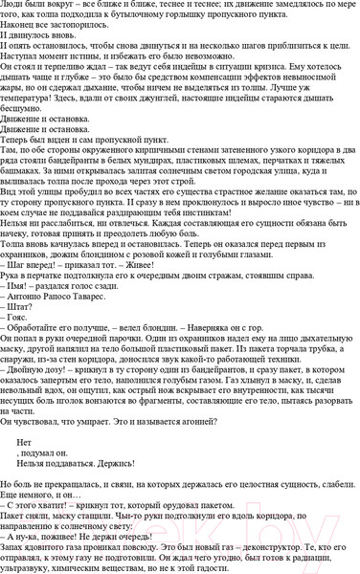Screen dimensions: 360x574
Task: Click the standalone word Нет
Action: coord(25,446)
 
